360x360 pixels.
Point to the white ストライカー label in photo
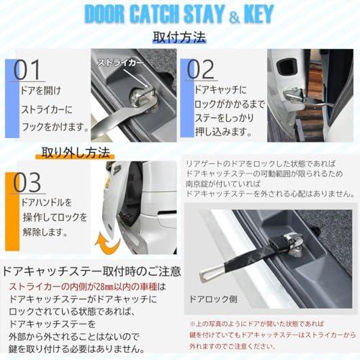120,62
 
